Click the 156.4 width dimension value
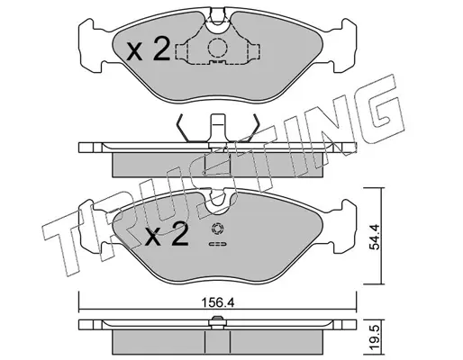pyautogui.click(x=217, y=302)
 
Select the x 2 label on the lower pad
pyautogui.click(x=166, y=235)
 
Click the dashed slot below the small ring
pyautogui.click(x=218, y=244)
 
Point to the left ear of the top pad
pyautogui.click(x=92, y=46)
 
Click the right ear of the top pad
pyautogui.click(x=344, y=46)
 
